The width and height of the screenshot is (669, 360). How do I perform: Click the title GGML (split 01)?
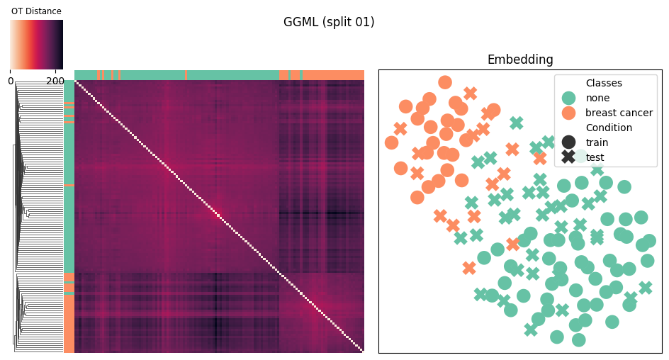pos(329,22)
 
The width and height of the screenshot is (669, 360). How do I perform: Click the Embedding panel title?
pos(520,60)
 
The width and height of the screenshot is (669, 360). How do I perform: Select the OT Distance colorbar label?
pos(36,11)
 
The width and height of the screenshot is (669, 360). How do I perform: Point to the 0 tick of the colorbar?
pos(11,81)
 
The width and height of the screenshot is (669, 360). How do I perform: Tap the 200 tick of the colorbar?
pos(55,81)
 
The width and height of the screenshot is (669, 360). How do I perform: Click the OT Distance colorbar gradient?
pos(36,45)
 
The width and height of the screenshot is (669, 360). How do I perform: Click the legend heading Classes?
pos(604,83)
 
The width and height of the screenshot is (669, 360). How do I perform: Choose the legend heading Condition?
pos(609,128)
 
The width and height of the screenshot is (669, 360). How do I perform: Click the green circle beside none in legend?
pos(568,98)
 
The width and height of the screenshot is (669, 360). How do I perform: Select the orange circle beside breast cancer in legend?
pos(568,113)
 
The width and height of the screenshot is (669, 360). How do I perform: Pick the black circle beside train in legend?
pos(568,142)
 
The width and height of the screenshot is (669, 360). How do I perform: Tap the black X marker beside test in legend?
pos(568,157)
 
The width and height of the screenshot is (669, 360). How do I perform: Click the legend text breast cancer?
pos(619,113)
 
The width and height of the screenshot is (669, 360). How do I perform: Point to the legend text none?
pos(597,98)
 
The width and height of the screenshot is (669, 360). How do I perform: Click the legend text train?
pos(597,142)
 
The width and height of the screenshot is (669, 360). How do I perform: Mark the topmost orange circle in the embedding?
pos(445,82)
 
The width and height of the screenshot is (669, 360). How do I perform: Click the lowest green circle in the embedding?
pos(578,340)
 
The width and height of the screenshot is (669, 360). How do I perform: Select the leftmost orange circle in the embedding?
pos(391,142)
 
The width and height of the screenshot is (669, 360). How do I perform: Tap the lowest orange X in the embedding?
pos(469,268)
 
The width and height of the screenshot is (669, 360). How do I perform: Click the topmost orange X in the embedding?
pos(470,93)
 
